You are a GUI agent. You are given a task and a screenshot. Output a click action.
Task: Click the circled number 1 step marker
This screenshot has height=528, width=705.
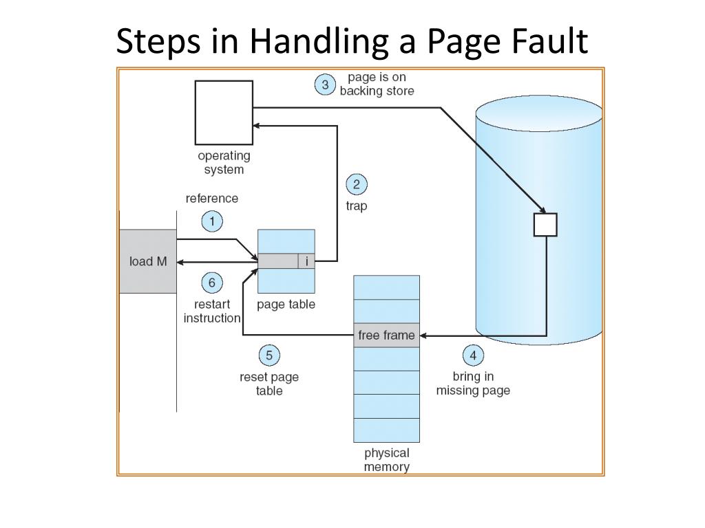tap(212, 221)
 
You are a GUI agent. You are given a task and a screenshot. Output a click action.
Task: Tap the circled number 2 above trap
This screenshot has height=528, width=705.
tap(357, 184)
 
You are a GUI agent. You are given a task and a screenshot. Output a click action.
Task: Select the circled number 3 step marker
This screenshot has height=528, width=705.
tap(325, 85)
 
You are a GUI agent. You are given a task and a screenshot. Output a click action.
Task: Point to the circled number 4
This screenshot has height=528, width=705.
tap(473, 355)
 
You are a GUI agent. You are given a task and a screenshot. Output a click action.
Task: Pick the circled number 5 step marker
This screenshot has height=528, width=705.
tap(269, 355)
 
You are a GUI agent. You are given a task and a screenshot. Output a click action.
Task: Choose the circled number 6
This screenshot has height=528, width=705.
tap(212, 283)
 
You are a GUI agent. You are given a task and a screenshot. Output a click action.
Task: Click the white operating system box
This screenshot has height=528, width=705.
tap(224, 113)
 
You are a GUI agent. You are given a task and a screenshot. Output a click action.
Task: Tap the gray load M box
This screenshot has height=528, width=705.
tap(148, 261)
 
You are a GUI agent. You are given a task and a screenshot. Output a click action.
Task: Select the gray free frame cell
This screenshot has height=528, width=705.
tap(387, 335)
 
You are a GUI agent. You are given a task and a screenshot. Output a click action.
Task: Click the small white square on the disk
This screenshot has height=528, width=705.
tap(545, 225)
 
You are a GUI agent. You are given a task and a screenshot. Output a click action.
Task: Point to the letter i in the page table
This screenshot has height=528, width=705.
tap(306, 261)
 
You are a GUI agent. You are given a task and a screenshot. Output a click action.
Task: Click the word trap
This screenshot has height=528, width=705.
tap(357, 206)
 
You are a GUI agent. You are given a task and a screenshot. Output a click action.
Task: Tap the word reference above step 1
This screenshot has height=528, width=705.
tap(212, 199)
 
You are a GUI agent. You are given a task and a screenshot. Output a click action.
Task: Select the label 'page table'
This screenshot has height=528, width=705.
tap(286, 305)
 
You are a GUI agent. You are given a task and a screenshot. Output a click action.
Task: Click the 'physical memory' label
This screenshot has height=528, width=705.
tap(387, 460)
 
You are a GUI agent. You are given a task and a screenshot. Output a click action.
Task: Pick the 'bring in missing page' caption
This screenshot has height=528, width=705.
tap(473, 384)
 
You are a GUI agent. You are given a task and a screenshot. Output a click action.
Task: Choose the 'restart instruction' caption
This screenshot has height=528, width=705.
tap(212, 311)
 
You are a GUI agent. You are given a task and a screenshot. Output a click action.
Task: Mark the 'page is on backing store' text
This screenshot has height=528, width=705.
tap(377, 84)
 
